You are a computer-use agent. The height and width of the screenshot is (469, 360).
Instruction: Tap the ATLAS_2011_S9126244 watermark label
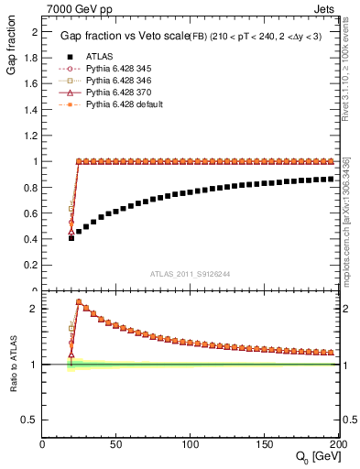[190, 272]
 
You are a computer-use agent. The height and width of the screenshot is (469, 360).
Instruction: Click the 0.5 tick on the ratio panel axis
[32, 420]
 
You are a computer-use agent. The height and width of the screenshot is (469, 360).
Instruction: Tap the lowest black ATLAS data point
[71, 237]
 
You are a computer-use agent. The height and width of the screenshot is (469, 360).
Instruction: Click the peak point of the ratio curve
[79, 301]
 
